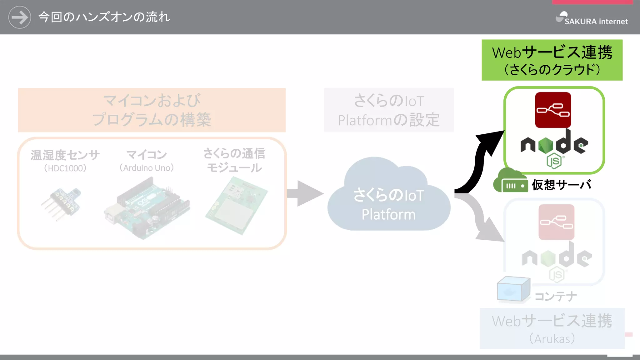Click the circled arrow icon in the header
point(20,17)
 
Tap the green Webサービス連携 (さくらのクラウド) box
point(552,60)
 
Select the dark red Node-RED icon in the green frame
point(553,110)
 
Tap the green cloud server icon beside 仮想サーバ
point(510,181)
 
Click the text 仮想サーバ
point(562,185)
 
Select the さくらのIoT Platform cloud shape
point(388,200)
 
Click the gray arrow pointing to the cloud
point(305,193)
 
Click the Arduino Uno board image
point(147,208)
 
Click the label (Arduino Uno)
point(147,168)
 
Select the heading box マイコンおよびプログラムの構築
point(152,110)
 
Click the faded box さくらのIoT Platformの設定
point(389,110)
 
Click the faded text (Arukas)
point(552,338)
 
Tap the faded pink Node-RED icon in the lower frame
point(556,222)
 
